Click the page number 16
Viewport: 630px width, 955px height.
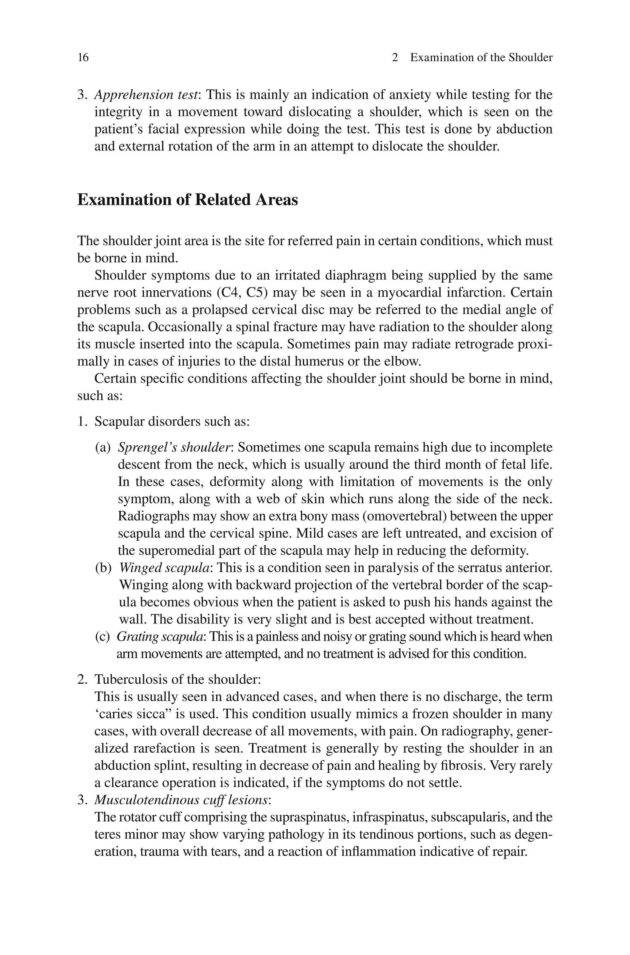click(x=83, y=58)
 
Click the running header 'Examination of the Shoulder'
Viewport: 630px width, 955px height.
click(x=481, y=58)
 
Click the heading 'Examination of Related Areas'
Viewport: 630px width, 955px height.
click(x=187, y=200)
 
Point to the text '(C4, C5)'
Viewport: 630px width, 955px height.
click(x=242, y=292)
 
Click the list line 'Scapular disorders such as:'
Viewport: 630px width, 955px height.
click(x=172, y=422)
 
